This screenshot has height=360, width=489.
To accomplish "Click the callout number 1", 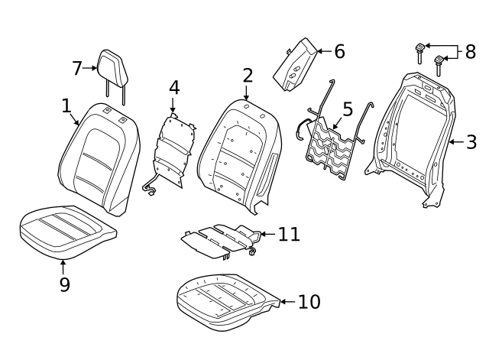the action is (x=66, y=105).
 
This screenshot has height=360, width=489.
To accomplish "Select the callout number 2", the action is (x=248, y=75).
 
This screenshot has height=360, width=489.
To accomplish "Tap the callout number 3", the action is (x=471, y=142).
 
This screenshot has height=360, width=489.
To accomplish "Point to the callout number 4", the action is (x=174, y=88).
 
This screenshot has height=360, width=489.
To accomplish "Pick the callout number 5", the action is (x=348, y=109).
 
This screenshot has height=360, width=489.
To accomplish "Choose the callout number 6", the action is (x=339, y=51).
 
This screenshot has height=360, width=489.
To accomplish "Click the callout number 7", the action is (x=77, y=68).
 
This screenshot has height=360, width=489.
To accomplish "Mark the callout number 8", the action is (x=471, y=51).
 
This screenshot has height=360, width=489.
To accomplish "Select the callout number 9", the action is (x=64, y=284).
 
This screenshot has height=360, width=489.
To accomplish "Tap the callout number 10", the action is (x=309, y=302).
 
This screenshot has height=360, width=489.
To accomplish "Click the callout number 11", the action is (x=289, y=234).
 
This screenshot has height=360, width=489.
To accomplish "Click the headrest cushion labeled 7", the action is (x=112, y=67).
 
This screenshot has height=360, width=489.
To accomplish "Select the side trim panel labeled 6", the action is (x=295, y=64).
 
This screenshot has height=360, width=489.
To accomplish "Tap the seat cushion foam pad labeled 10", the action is (x=228, y=303).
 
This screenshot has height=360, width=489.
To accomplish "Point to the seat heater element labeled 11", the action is (x=222, y=241).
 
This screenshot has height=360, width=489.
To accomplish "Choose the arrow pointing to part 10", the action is (x=288, y=302).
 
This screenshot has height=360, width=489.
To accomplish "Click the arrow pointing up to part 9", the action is (x=63, y=268).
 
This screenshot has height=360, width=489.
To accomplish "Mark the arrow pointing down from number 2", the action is (x=246, y=92).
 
